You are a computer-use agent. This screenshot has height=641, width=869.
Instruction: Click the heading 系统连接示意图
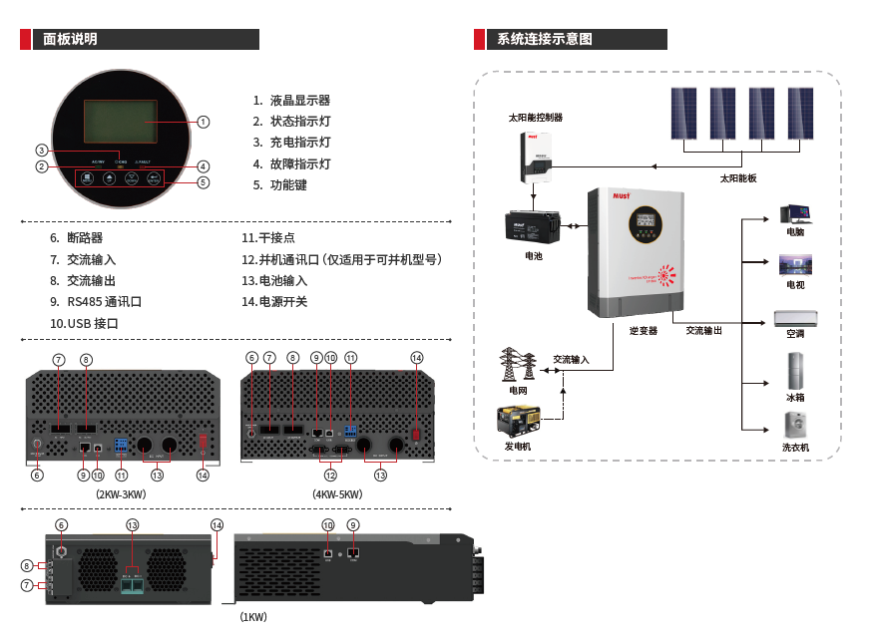click(544, 40)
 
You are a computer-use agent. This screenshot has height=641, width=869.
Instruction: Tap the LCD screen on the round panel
click(119, 123)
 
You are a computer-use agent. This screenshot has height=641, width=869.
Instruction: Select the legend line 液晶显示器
click(299, 101)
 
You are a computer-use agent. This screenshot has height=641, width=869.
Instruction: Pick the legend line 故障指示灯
click(299, 163)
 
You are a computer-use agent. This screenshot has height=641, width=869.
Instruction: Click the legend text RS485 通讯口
click(105, 301)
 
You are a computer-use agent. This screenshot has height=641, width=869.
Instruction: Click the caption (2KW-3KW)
click(121, 494)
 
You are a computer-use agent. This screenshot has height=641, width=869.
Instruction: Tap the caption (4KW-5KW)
click(337, 494)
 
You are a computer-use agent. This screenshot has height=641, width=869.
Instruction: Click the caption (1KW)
click(253, 617)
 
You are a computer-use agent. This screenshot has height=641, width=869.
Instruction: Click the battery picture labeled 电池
click(535, 228)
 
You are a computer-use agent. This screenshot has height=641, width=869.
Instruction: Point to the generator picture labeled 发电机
click(519, 421)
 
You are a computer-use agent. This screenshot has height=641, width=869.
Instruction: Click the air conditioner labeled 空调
click(795, 319)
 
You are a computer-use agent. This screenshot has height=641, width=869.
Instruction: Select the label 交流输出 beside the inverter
click(703, 330)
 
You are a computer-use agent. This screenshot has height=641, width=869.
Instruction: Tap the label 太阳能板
click(738, 178)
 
